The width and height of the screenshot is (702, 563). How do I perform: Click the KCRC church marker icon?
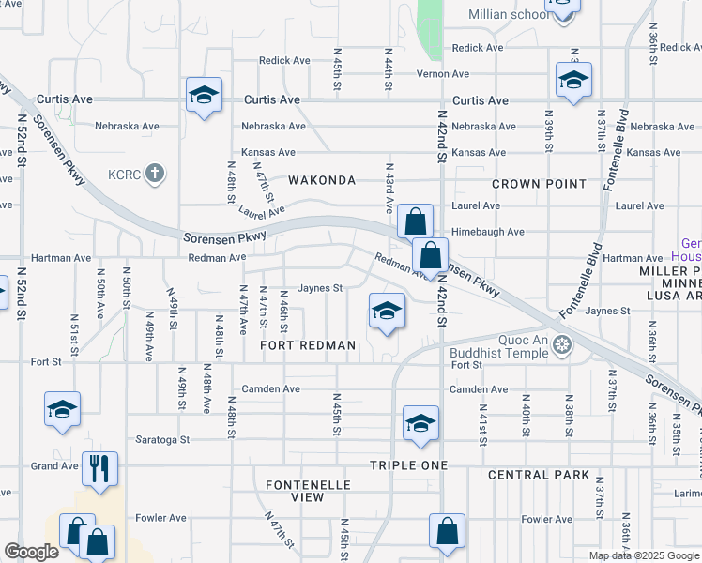coord(156,174)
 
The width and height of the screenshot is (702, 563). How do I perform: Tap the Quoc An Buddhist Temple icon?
coord(562,344)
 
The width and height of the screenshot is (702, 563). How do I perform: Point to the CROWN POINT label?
coord(539,184)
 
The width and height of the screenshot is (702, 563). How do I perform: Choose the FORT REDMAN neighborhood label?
coord(309,345)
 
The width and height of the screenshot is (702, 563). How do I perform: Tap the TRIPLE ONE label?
coord(405,465)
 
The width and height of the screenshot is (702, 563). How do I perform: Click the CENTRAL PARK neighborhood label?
coord(539,475)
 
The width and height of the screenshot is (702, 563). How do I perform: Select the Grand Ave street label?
coord(54,465)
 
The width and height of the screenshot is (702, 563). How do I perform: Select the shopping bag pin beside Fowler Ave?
coord(447,530)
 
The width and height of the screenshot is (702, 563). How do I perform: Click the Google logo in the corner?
coord(31,552)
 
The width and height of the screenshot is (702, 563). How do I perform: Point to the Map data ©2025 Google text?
coord(643,555)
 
